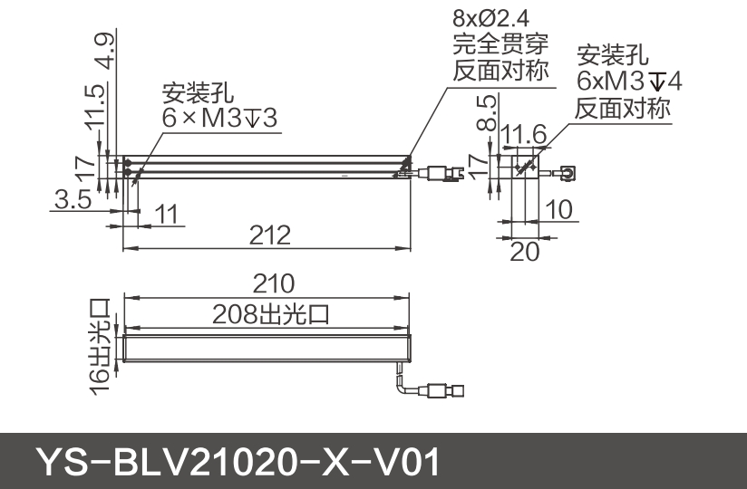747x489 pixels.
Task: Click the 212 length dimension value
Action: click(270, 235)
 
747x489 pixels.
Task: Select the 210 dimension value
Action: click(273, 284)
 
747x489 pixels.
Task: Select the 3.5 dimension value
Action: click(72, 200)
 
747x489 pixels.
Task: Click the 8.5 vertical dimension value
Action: click(488, 112)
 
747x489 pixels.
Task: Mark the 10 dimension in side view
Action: click(559, 210)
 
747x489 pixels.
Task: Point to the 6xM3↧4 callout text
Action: click(628, 81)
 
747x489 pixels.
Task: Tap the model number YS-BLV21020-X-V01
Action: click(238, 462)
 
